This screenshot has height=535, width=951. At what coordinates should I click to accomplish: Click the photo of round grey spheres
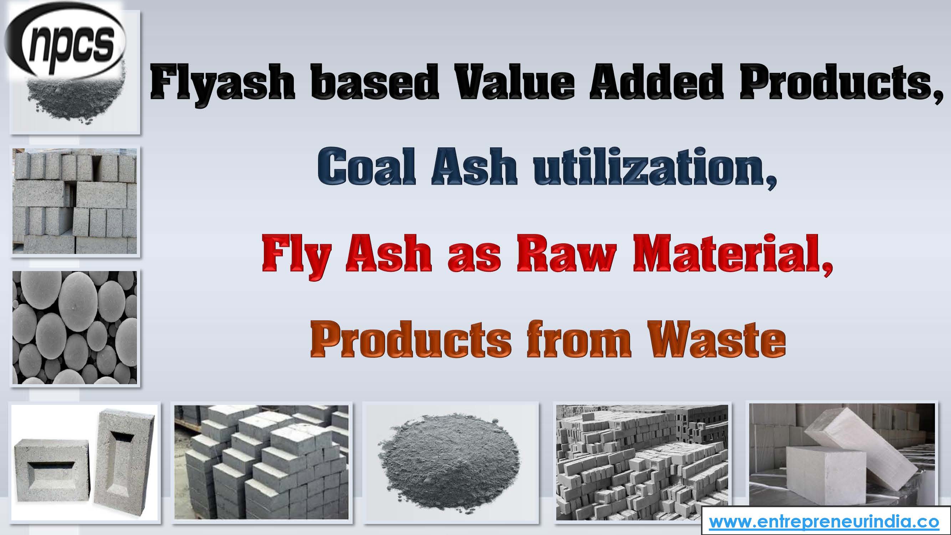pyautogui.click(x=75, y=327)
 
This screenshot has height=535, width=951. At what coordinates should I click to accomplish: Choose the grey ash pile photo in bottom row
pyautogui.click(x=450, y=462)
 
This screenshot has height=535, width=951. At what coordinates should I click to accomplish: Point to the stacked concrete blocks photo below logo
pyautogui.click(x=75, y=201)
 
